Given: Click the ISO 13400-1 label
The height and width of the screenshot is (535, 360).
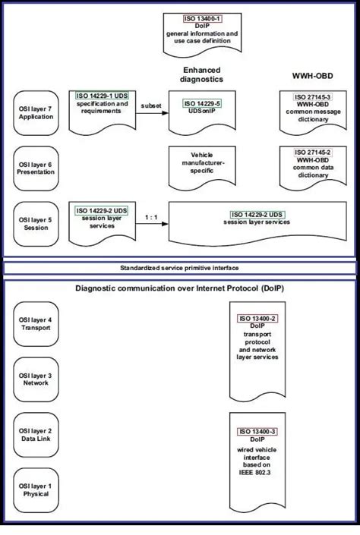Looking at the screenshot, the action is click(x=202, y=18).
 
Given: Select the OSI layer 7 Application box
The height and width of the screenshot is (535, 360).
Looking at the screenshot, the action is click(x=36, y=113).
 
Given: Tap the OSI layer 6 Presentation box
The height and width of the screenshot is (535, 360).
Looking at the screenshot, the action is click(x=36, y=168).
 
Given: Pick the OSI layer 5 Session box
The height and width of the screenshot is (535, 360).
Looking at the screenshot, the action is click(x=36, y=224).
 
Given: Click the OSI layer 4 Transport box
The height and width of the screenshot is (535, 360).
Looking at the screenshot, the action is click(x=36, y=324).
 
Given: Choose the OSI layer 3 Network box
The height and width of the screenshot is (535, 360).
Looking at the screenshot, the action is click(x=36, y=379).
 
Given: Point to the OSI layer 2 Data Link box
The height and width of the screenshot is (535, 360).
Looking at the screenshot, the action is click(x=36, y=435).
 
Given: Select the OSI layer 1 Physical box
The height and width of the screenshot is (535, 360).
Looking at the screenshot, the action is click(x=36, y=490).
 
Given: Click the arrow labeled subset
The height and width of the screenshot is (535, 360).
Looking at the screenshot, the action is click(x=152, y=113).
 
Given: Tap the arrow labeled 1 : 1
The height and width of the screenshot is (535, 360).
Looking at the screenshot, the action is click(x=152, y=224).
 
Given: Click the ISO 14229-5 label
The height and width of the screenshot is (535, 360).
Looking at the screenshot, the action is click(x=202, y=103).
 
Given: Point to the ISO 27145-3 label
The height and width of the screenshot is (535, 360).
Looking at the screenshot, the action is click(x=312, y=97).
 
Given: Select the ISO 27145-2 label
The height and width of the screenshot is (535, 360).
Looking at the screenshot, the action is click(x=312, y=153).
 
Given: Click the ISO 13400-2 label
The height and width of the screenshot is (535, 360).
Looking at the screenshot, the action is click(x=257, y=318).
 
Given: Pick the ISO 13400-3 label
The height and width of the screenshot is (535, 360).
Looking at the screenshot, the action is click(x=257, y=432).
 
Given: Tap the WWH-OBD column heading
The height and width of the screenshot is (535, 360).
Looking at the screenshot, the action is click(x=312, y=76).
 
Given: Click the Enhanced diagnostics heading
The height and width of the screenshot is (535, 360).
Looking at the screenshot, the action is click(x=201, y=74).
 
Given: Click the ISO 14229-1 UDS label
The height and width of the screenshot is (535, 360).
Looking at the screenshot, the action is click(x=102, y=96).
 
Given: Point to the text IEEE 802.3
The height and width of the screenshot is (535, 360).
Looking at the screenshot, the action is click(x=254, y=473).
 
